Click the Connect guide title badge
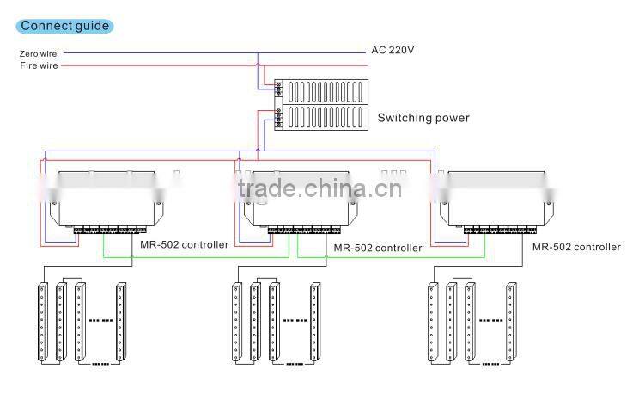[x=64, y=25]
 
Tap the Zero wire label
[x=39, y=52]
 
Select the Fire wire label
[x=39, y=65]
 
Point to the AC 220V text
[x=393, y=50]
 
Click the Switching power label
[x=424, y=118]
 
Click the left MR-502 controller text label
[x=184, y=245]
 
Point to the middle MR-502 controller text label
[x=378, y=248]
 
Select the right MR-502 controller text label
[x=575, y=247]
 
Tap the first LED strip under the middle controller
[x=236, y=320]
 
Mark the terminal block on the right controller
[x=493, y=231]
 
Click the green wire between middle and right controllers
[x=391, y=256]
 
